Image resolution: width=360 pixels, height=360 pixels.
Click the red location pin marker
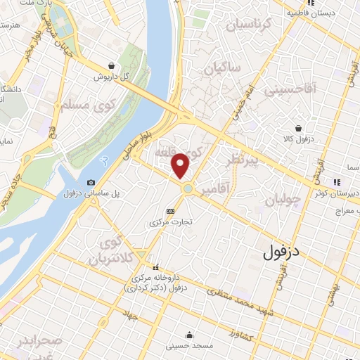click(x=181, y=165)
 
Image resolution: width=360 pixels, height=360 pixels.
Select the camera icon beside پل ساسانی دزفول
click(x=91, y=183)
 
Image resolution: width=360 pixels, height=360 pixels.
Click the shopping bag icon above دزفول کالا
click(x=300, y=129)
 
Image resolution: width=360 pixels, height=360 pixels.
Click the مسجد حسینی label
click(x=188, y=346)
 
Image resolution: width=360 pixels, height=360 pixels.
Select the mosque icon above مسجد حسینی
click(x=189, y=335)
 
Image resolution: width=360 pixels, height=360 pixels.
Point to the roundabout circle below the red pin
click(x=188, y=188)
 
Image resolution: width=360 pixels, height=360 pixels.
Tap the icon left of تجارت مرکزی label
click(x=170, y=210)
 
